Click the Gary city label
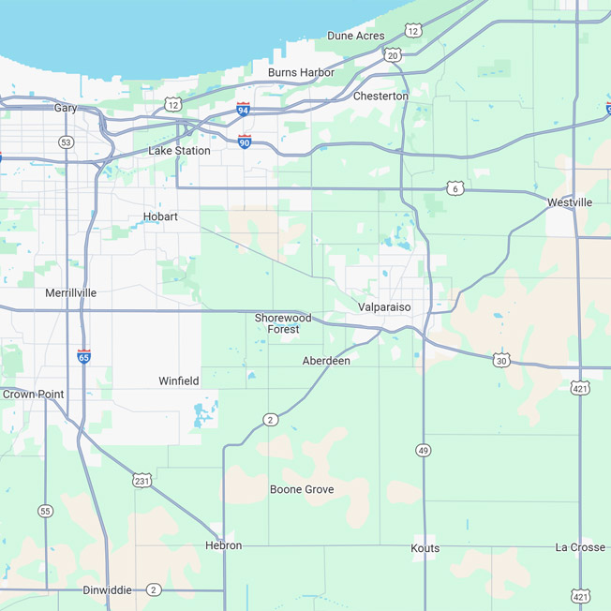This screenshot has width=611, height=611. coord(66,108)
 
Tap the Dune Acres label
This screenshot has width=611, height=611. coord(355,36)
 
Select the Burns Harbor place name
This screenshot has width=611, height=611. coord(301,72)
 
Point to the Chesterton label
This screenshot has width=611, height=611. coord(380,97)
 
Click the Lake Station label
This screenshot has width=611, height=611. coord(179,150)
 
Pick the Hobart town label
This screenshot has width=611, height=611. coord(160,216)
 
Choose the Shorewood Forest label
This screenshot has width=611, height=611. coord(283,323)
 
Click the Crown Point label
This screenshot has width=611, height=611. coord(34,395)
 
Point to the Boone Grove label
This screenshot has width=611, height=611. coord(302,489)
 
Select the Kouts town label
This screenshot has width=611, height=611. coord(425,548)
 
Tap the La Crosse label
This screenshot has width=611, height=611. coord(580,547)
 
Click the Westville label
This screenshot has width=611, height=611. coord(570,202)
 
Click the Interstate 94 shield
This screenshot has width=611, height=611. coord(243,110)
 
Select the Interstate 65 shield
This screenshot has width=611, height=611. coord(84,357)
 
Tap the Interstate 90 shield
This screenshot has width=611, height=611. coord(245,142)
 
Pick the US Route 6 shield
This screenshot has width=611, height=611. coord(455,188)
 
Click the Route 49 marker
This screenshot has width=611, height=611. coord(424,451)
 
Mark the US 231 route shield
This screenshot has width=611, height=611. coord(142,480)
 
